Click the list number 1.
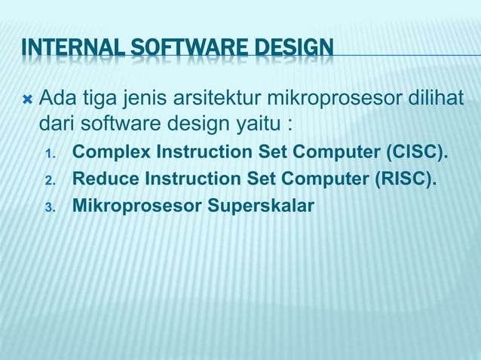[50, 155]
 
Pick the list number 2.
[50, 181]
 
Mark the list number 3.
[50, 206]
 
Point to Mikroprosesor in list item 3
[133, 204]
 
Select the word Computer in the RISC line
[322, 179]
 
